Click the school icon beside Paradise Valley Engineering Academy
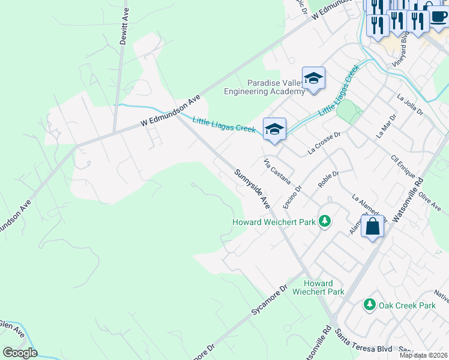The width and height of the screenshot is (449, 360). (313, 79)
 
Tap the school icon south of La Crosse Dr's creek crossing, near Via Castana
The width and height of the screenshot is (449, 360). (274, 129)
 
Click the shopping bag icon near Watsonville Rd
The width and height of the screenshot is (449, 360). (373, 227)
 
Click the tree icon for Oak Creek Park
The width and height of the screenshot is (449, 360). (370, 305)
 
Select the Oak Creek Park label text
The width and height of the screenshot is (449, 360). (407, 305)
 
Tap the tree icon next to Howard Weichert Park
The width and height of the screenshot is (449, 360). (325, 222)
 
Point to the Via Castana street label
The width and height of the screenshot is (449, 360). (278, 172)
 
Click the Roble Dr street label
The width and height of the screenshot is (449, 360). (328, 180)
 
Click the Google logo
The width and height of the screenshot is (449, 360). (20, 352)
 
